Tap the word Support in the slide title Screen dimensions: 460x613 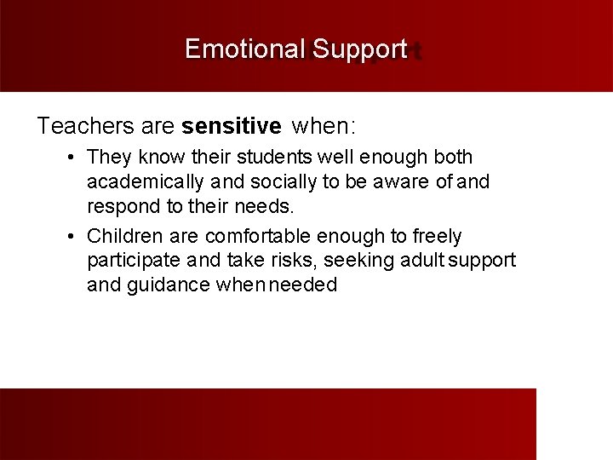tap(359, 50)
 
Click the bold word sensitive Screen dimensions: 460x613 tap(231, 127)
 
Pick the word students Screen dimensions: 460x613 tap(279, 158)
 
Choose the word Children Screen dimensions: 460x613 tap(123, 236)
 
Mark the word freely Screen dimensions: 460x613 tap(438, 236)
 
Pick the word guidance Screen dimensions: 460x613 tap(167, 285)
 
